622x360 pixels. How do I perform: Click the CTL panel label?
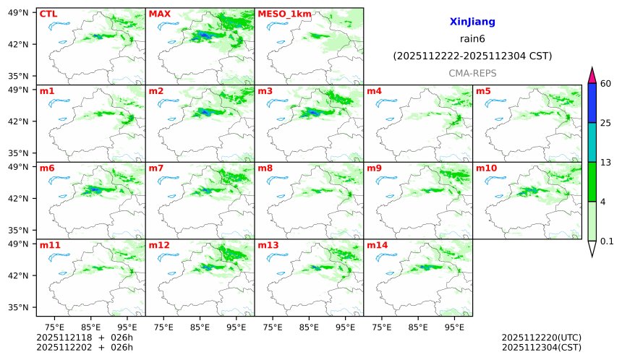(48, 14)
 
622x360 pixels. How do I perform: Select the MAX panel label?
(158, 14)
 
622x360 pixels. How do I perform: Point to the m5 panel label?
(483, 91)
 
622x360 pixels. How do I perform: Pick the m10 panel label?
(486, 168)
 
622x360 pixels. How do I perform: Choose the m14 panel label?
(378, 245)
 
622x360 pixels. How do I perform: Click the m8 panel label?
(265, 168)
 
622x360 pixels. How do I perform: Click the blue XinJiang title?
(472, 22)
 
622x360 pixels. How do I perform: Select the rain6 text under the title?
(472, 39)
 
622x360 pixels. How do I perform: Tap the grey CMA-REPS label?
(472, 73)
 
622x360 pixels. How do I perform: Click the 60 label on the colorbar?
(606, 84)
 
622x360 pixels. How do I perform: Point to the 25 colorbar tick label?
(606, 123)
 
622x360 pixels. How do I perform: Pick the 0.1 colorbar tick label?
(608, 241)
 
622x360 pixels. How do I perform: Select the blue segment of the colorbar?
(592, 103)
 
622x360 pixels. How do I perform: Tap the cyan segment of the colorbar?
(592, 142)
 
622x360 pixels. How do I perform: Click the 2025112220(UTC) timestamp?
(541, 338)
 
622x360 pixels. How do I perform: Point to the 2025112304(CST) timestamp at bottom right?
(541, 347)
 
